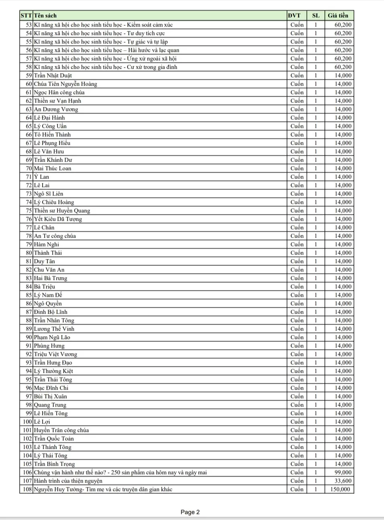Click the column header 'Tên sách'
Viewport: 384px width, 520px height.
tap(45, 16)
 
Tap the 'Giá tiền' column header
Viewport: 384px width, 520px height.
tap(338, 16)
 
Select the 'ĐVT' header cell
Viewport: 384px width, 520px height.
tap(294, 16)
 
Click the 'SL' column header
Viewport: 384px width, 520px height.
tap(316, 16)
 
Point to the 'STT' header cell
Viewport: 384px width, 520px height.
tap(26, 16)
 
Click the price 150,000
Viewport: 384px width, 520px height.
tap(340, 489)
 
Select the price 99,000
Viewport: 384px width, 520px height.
tap(343, 473)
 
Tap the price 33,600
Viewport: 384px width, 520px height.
tap(343, 481)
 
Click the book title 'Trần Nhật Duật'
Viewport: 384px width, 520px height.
tap(53, 76)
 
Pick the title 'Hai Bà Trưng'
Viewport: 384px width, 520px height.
tap(51, 278)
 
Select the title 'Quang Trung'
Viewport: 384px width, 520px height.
tap(50, 405)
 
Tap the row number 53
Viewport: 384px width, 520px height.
tap(29, 25)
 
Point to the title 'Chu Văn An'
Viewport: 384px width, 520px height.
tap(49, 270)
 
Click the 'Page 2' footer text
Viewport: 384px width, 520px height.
tap(190, 512)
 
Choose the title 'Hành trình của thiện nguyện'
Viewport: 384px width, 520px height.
tap(68, 481)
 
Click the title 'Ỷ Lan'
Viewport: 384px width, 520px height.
tap(41, 177)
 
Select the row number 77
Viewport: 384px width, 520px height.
tap(29, 228)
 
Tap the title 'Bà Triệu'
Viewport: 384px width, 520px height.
tap(44, 287)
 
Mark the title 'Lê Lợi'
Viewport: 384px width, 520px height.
tap(42, 422)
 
